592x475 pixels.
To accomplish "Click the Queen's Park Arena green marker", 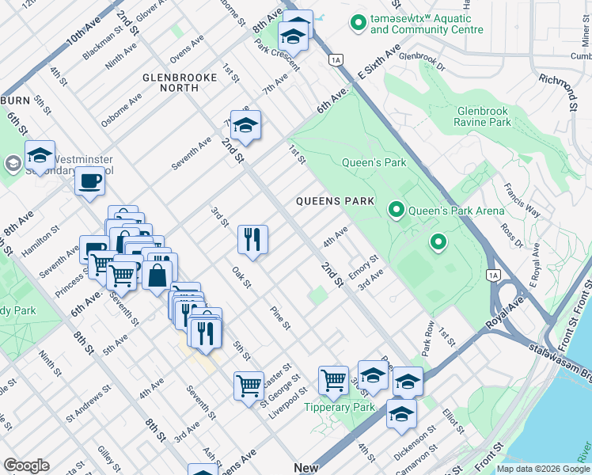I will (x=397, y=210).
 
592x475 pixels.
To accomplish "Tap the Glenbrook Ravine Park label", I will (x=495, y=117).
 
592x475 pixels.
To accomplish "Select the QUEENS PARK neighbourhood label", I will (x=335, y=201).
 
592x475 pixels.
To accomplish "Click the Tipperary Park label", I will (x=340, y=407).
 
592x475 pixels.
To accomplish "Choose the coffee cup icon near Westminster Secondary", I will (x=89, y=181).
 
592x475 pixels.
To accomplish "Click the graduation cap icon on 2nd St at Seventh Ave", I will (x=246, y=125).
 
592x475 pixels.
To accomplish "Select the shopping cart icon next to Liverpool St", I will (x=249, y=386).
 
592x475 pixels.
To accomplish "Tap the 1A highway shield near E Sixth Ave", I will (x=337, y=59).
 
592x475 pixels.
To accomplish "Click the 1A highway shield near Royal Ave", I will (x=495, y=274).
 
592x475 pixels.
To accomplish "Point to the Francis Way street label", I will (x=522, y=203).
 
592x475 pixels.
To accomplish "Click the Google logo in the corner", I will (x=26, y=465).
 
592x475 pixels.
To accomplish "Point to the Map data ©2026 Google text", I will (x=542, y=469).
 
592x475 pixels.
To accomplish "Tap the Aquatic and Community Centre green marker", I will (x=359, y=24).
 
